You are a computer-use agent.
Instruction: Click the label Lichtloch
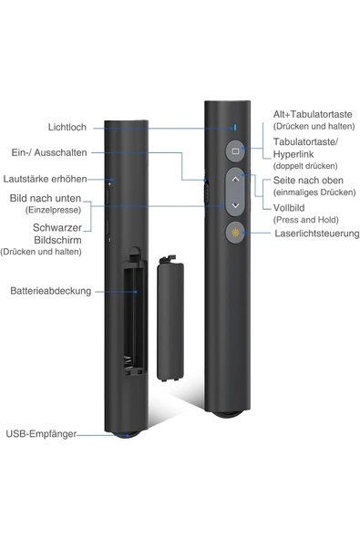coord(67,128)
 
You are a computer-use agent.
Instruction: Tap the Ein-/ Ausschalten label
coord(50,153)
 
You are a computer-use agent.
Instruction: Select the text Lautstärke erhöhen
coord(46,179)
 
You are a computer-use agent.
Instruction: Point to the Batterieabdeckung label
coord(50,291)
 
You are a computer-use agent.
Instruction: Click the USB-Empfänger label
coord(41,434)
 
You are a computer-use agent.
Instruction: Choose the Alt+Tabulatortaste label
coord(312,114)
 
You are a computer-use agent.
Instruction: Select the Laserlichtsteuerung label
coord(314,234)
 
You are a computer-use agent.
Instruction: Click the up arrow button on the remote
coord(235,180)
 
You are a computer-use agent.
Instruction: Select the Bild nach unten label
coord(46,198)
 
